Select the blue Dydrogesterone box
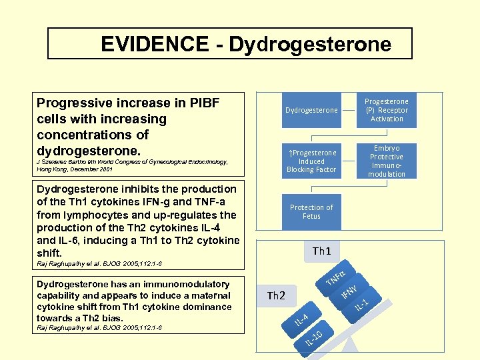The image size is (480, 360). click(x=311, y=109)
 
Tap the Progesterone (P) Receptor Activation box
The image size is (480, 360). click(x=387, y=109)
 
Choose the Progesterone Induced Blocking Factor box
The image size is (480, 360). click(x=311, y=161)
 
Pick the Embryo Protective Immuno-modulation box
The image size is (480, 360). click(x=387, y=161)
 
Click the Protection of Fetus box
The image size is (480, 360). click(x=311, y=211)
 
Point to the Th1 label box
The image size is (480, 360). click(x=322, y=251)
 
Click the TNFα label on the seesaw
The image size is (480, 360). click(x=335, y=279)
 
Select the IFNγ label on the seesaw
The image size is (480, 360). click(x=351, y=292)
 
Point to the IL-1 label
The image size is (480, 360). click(x=363, y=304)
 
